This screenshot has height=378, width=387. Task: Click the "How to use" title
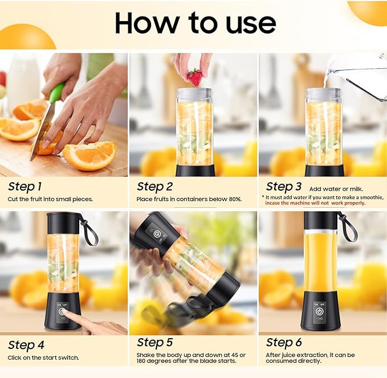[x=195, y=23]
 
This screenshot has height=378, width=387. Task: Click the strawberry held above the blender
[x=194, y=77]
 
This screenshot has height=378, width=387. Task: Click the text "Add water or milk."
[x=336, y=188]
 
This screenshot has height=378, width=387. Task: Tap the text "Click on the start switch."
[x=43, y=358]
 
